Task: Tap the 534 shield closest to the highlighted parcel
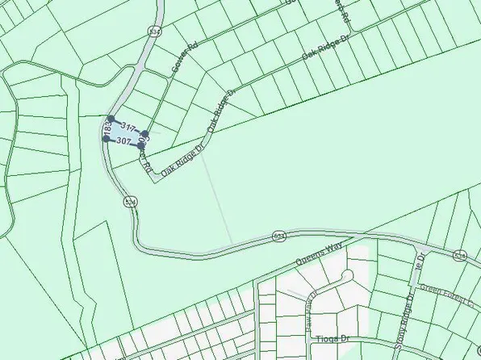tap(128, 201)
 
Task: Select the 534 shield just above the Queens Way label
tap(278, 236)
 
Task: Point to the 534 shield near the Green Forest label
tap(459, 256)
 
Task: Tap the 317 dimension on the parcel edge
tap(127, 126)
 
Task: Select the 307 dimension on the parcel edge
tap(123, 140)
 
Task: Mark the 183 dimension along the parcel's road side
tap(107, 128)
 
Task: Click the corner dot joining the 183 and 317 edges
tap(110, 119)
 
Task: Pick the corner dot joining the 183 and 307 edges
tap(107, 139)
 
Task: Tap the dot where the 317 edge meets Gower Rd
tap(145, 134)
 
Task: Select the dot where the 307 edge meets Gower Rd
tap(140, 146)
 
